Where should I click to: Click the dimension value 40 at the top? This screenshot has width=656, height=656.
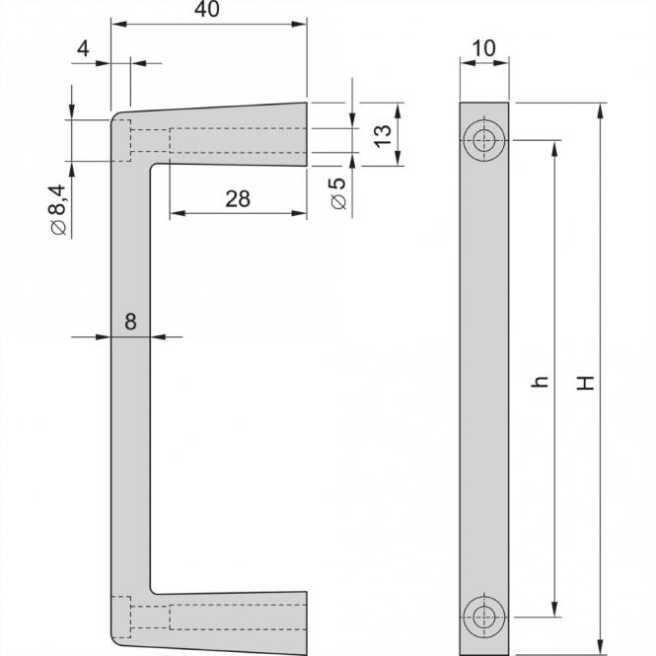[207, 9]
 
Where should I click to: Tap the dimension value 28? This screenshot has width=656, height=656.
[237, 198]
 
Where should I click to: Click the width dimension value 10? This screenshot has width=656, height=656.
[485, 46]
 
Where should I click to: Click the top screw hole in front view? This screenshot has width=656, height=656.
[484, 141]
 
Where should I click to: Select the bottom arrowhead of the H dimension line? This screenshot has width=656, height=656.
[599, 646]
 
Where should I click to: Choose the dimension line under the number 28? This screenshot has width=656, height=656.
[237, 214]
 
